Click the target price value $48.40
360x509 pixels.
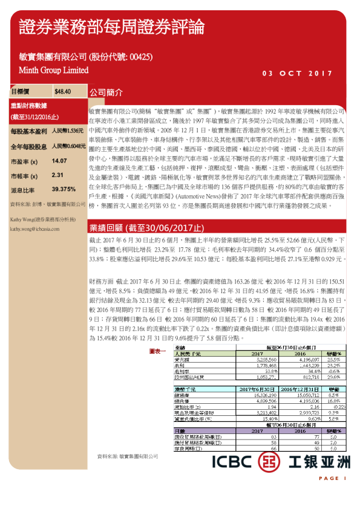(63, 92)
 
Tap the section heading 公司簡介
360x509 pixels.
(106, 93)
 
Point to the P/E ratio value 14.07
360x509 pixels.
(59, 161)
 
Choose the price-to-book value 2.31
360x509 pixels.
(57, 175)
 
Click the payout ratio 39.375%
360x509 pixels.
(64, 189)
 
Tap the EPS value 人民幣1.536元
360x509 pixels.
(68, 131)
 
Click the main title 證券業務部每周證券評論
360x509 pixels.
(111, 27)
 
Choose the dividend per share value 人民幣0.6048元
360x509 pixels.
(68, 146)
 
